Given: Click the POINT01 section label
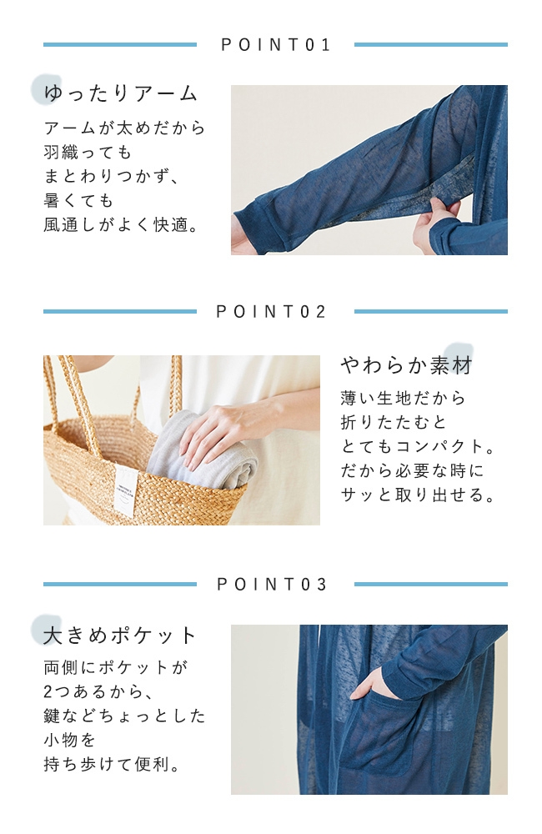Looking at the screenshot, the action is pyautogui.click(x=275, y=45).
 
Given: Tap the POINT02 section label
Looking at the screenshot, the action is pyautogui.click(x=271, y=312).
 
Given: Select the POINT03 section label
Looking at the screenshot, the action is pyautogui.click(x=271, y=585).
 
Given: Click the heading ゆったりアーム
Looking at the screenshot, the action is pyautogui.click(x=121, y=93).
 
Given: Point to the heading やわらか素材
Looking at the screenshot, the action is pyautogui.click(x=407, y=365).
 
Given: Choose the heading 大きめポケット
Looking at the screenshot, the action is pyautogui.click(x=120, y=635).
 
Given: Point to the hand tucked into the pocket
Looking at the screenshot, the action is pyautogui.click(x=373, y=685).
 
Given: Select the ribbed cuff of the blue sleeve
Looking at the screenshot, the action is pyautogui.click(x=266, y=227).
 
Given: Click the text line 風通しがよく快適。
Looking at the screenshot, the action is pyautogui.click(x=122, y=225).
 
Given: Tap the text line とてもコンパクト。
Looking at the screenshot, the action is pyautogui.click(x=418, y=446).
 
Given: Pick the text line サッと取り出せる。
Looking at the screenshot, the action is pyautogui.click(x=418, y=495).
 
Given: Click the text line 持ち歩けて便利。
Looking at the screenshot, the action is pyautogui.click(x=113, y=764).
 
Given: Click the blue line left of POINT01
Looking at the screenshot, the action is pyautogui.click(x=120, y=45).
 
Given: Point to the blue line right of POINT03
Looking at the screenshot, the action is pyautogui.click(x=431, y=584).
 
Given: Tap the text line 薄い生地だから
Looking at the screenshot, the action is pyautogui.click(x=404, y=398).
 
